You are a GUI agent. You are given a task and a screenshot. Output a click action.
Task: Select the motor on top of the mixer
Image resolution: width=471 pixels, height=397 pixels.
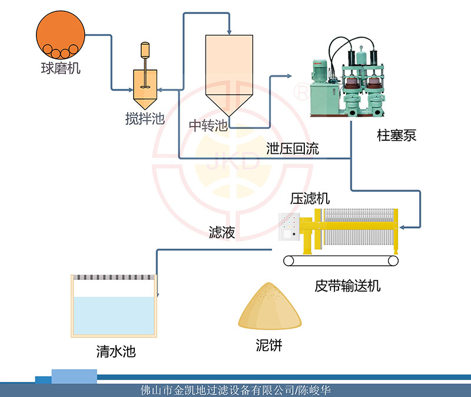145,50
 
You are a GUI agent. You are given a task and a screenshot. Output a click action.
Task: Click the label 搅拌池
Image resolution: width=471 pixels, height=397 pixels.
145,119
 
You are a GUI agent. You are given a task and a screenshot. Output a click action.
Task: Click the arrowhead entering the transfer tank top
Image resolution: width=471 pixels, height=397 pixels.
229,31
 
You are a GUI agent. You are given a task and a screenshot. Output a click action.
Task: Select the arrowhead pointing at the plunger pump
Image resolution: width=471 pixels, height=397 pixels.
288,76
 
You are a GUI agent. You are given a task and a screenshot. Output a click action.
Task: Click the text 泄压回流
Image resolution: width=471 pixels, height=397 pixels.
293,148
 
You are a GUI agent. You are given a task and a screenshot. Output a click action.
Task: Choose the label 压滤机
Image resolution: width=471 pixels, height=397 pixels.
310,198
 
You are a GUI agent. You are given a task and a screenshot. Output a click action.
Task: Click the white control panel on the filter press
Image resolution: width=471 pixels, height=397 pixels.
288,226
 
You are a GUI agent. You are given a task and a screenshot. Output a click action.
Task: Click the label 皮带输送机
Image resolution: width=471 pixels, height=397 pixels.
347,286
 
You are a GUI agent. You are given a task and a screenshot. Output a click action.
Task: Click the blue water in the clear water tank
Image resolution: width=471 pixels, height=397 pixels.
114,315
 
